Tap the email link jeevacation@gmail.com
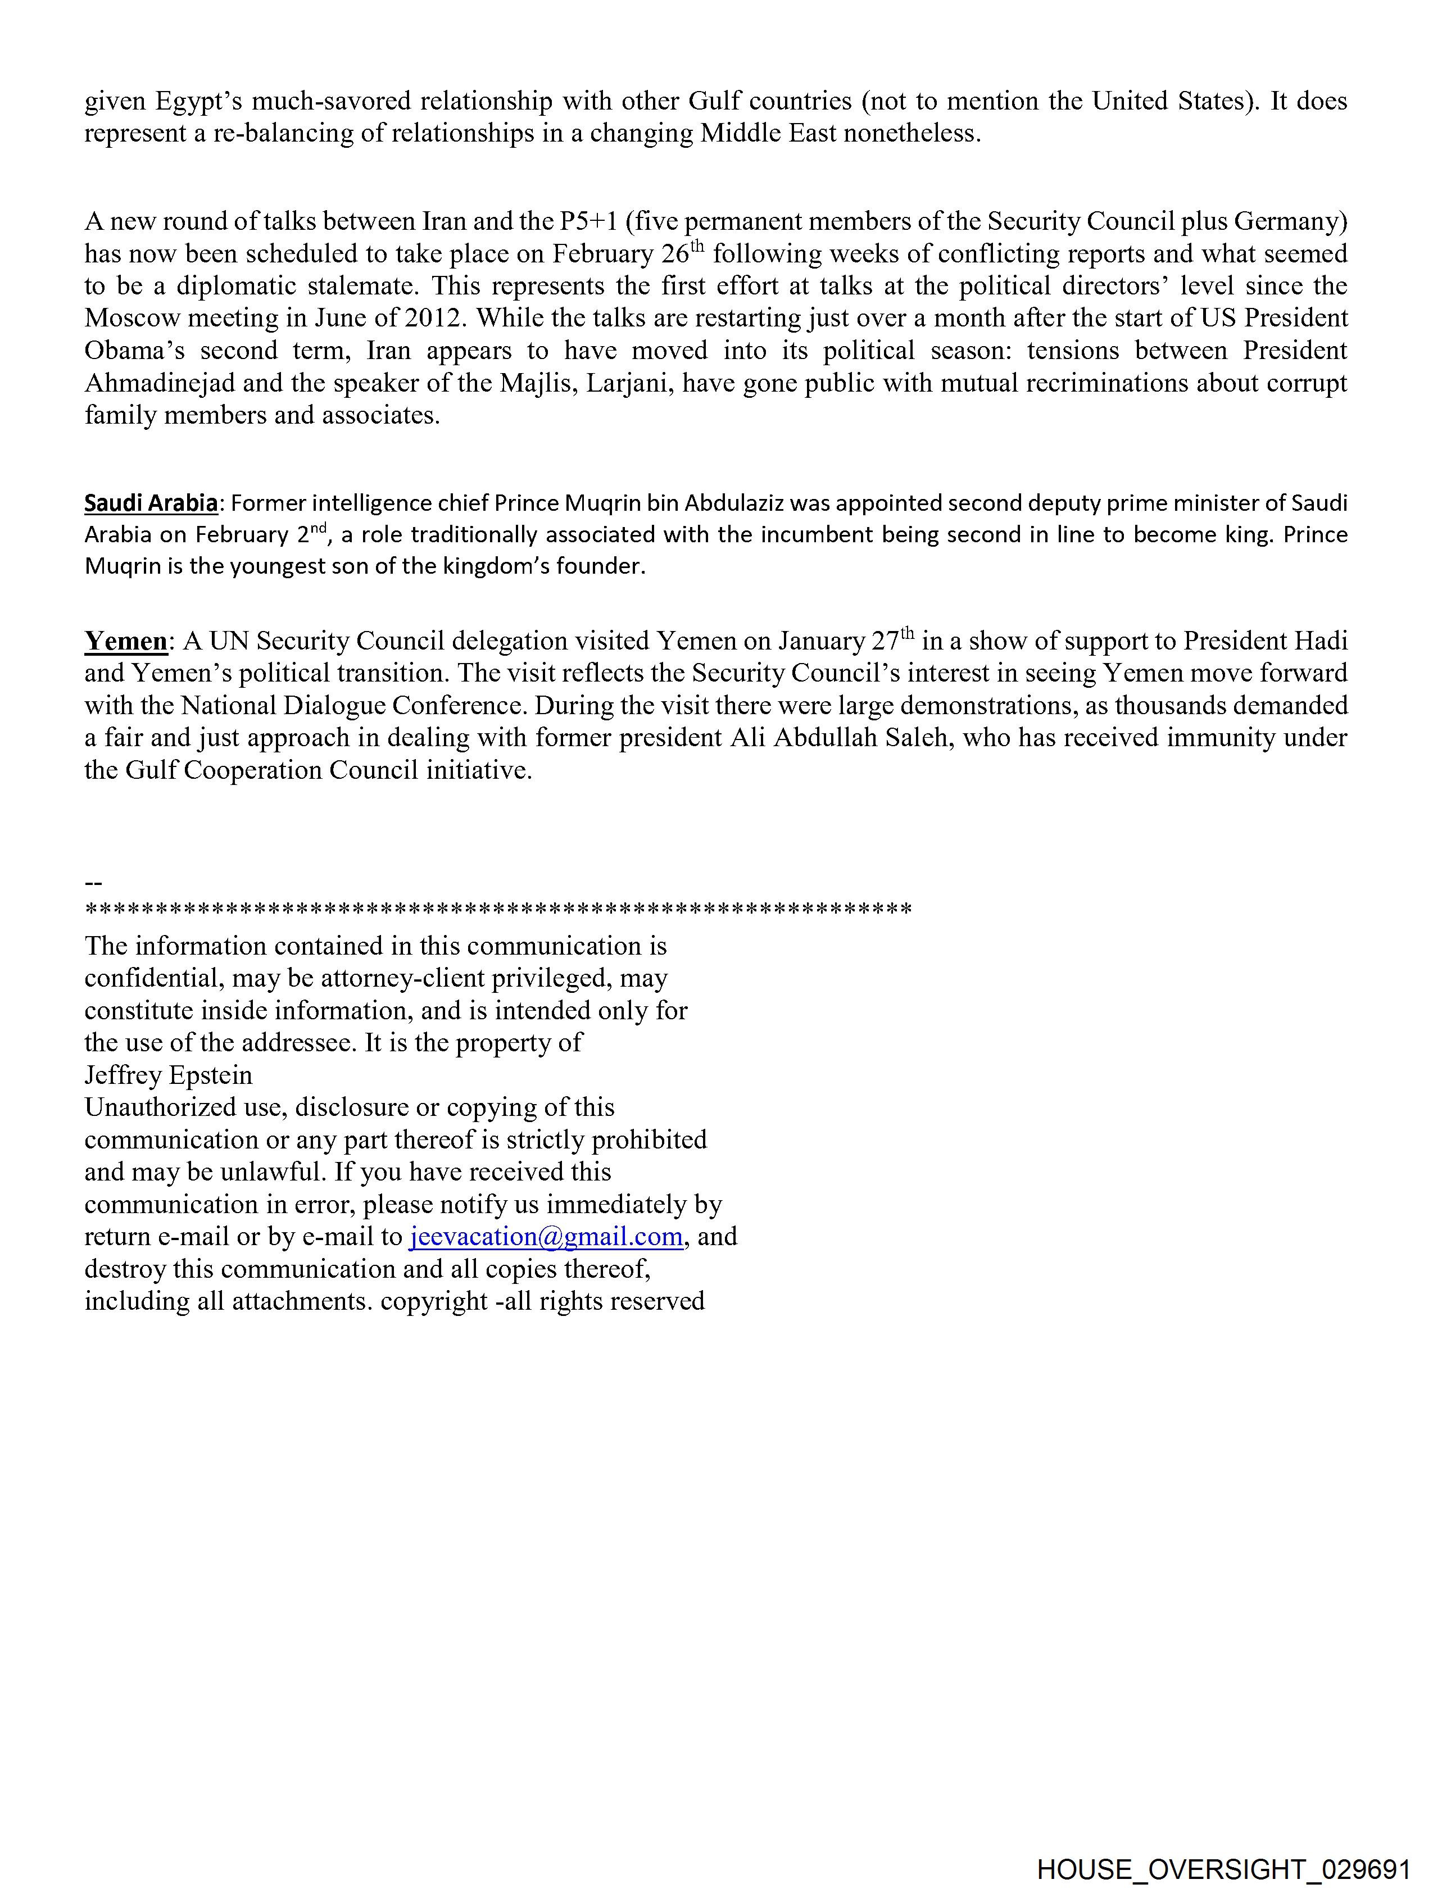click(x=546, y=1237)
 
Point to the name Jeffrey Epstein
click(x=169, y=1075)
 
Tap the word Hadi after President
click(x=1320, y=641)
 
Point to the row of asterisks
click(x=498, y=908)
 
